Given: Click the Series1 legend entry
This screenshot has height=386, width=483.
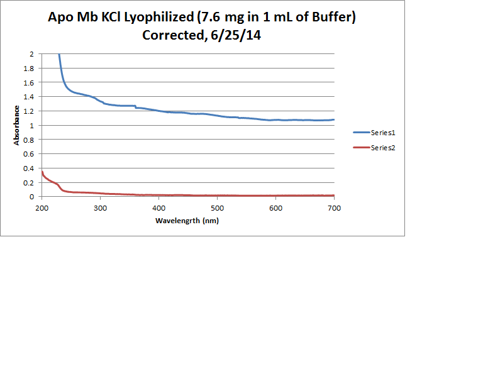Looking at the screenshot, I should (382, 133).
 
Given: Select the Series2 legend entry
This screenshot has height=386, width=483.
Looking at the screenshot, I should (382, 148).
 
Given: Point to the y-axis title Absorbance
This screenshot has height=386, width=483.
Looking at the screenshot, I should (16, 125).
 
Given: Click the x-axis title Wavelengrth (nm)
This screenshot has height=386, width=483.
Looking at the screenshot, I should (187, 221).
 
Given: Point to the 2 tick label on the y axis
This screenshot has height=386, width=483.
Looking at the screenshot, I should (32, 54).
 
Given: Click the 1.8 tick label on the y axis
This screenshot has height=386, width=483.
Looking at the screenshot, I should (30, 69).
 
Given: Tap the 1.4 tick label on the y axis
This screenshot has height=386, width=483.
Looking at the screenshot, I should (30, 97).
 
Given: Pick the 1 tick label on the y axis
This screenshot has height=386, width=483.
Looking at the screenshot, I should (32, 125).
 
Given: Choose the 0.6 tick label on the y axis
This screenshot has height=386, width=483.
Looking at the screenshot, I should (30, 154).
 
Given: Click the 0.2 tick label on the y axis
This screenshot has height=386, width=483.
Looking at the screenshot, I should (30, 182).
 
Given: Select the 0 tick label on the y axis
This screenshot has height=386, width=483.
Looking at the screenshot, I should (32, 197).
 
